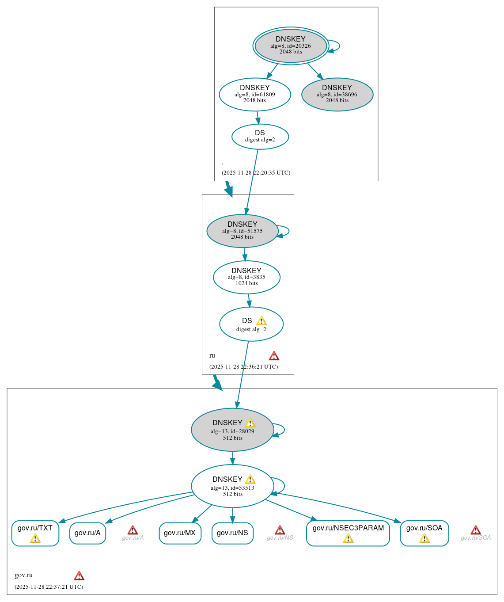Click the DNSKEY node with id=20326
coord(291,46)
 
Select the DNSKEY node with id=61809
coord(255,94)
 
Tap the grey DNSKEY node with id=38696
coord(337,94)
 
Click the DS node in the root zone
coord(260,136)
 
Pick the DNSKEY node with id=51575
coord(242,231)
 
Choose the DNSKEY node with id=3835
coord(246,277)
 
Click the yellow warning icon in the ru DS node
coord(261,321)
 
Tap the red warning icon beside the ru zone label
coord(274,356)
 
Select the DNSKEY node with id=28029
coord(232,430)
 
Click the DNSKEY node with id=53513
coord(232,486)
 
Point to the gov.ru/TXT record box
coord(35,533)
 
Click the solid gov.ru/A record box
coord(87,533)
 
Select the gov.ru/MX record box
coord(180,533)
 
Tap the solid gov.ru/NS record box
coord(232,533)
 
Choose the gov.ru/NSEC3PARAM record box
coord(348,533)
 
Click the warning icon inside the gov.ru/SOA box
coord(424,538)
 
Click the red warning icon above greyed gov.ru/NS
coord(280,530)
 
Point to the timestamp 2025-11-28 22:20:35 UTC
coord(256,173)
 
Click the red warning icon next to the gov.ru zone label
coord(79,575)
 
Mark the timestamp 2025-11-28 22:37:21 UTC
coord(49,587)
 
